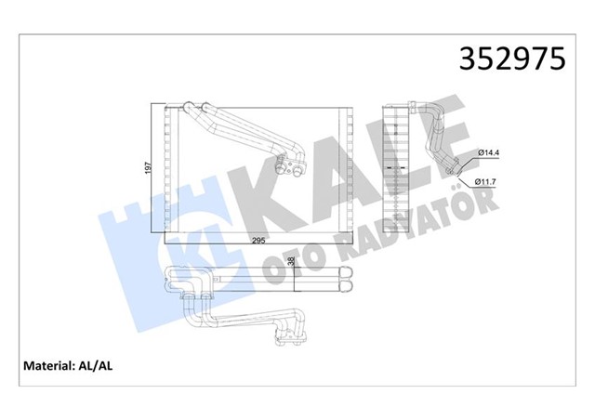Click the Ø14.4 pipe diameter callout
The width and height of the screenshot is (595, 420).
[x=491, y=152]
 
